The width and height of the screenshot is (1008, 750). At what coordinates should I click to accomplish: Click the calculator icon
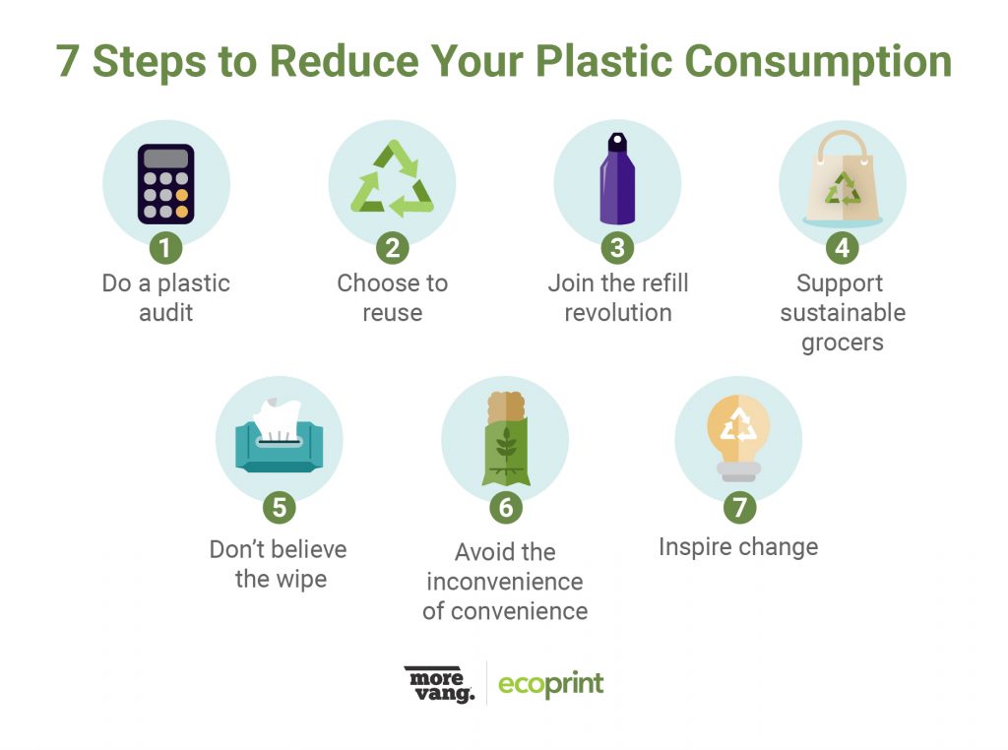pos(165,184)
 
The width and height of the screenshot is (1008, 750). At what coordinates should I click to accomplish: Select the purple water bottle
pos(617,179)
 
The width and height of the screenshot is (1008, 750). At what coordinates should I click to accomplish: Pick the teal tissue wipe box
pos(279,437)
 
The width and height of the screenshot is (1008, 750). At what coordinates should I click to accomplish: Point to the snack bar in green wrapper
pos(506,438)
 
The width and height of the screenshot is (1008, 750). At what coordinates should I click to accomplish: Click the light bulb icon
pos(738,437)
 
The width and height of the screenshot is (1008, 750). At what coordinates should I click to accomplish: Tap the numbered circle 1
pos(165,247)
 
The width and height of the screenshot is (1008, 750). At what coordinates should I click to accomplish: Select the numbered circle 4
pos(843,247)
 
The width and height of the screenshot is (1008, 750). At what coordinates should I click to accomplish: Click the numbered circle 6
pos(506,507)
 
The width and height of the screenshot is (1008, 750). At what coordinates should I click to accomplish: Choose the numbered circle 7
pos(739,507)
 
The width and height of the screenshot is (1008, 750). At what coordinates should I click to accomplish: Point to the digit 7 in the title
pos(68,62)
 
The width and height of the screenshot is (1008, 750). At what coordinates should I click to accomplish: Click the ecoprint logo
pos(551,684)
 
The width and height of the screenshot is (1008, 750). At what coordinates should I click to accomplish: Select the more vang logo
pos(440,684)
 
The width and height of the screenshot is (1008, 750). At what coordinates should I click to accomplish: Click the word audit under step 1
pos(165,312)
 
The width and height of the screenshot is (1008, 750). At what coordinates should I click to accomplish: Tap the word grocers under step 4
pos(843,344)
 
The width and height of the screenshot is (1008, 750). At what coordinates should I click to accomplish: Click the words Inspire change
pos(738,547)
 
